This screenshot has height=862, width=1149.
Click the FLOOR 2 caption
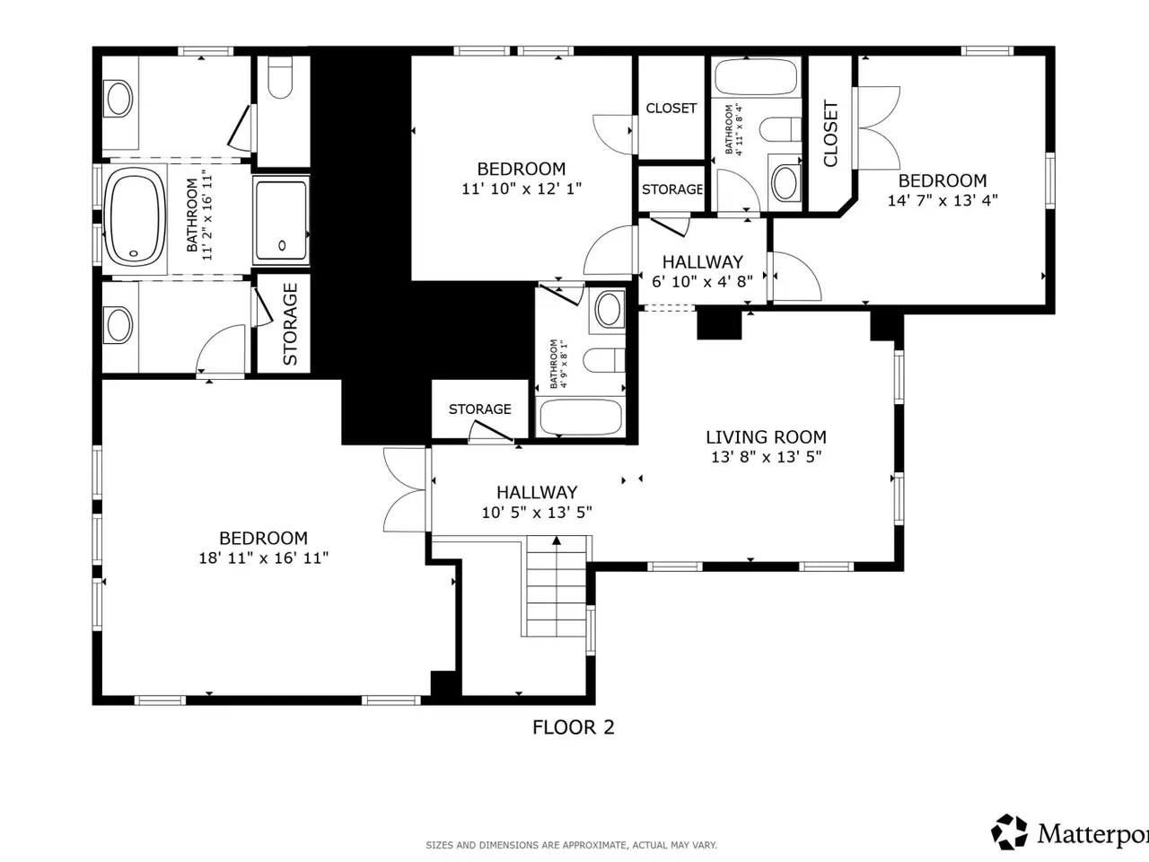[574, 727]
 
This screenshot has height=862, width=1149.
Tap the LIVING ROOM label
[766, 437]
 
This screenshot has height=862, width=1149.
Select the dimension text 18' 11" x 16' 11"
[263, 558]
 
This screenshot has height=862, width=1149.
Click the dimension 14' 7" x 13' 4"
[943, 200]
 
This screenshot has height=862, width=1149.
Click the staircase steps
[557, 586]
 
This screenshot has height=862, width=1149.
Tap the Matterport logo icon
[1010, 831]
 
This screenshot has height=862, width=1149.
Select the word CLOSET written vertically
[830, 134]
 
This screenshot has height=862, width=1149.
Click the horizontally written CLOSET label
[671, 109]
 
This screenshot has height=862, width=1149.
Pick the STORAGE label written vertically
[290, 324]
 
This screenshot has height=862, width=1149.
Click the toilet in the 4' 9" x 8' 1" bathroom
[604, 360]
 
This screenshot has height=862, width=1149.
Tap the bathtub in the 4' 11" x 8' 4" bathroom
[756, 77]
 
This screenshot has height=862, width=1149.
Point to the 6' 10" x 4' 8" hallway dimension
[702, 282]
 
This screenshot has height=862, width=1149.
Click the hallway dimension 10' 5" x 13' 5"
[537, 513]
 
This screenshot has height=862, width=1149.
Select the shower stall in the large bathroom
[281, 220]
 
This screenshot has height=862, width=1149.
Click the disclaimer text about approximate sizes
[571, 845]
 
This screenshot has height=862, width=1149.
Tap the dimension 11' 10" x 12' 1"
[522, 189]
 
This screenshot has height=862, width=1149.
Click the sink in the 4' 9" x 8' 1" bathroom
[609, 310]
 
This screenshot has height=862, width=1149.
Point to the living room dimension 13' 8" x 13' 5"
[766, 457]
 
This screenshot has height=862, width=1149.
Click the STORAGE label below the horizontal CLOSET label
[672, 189]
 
